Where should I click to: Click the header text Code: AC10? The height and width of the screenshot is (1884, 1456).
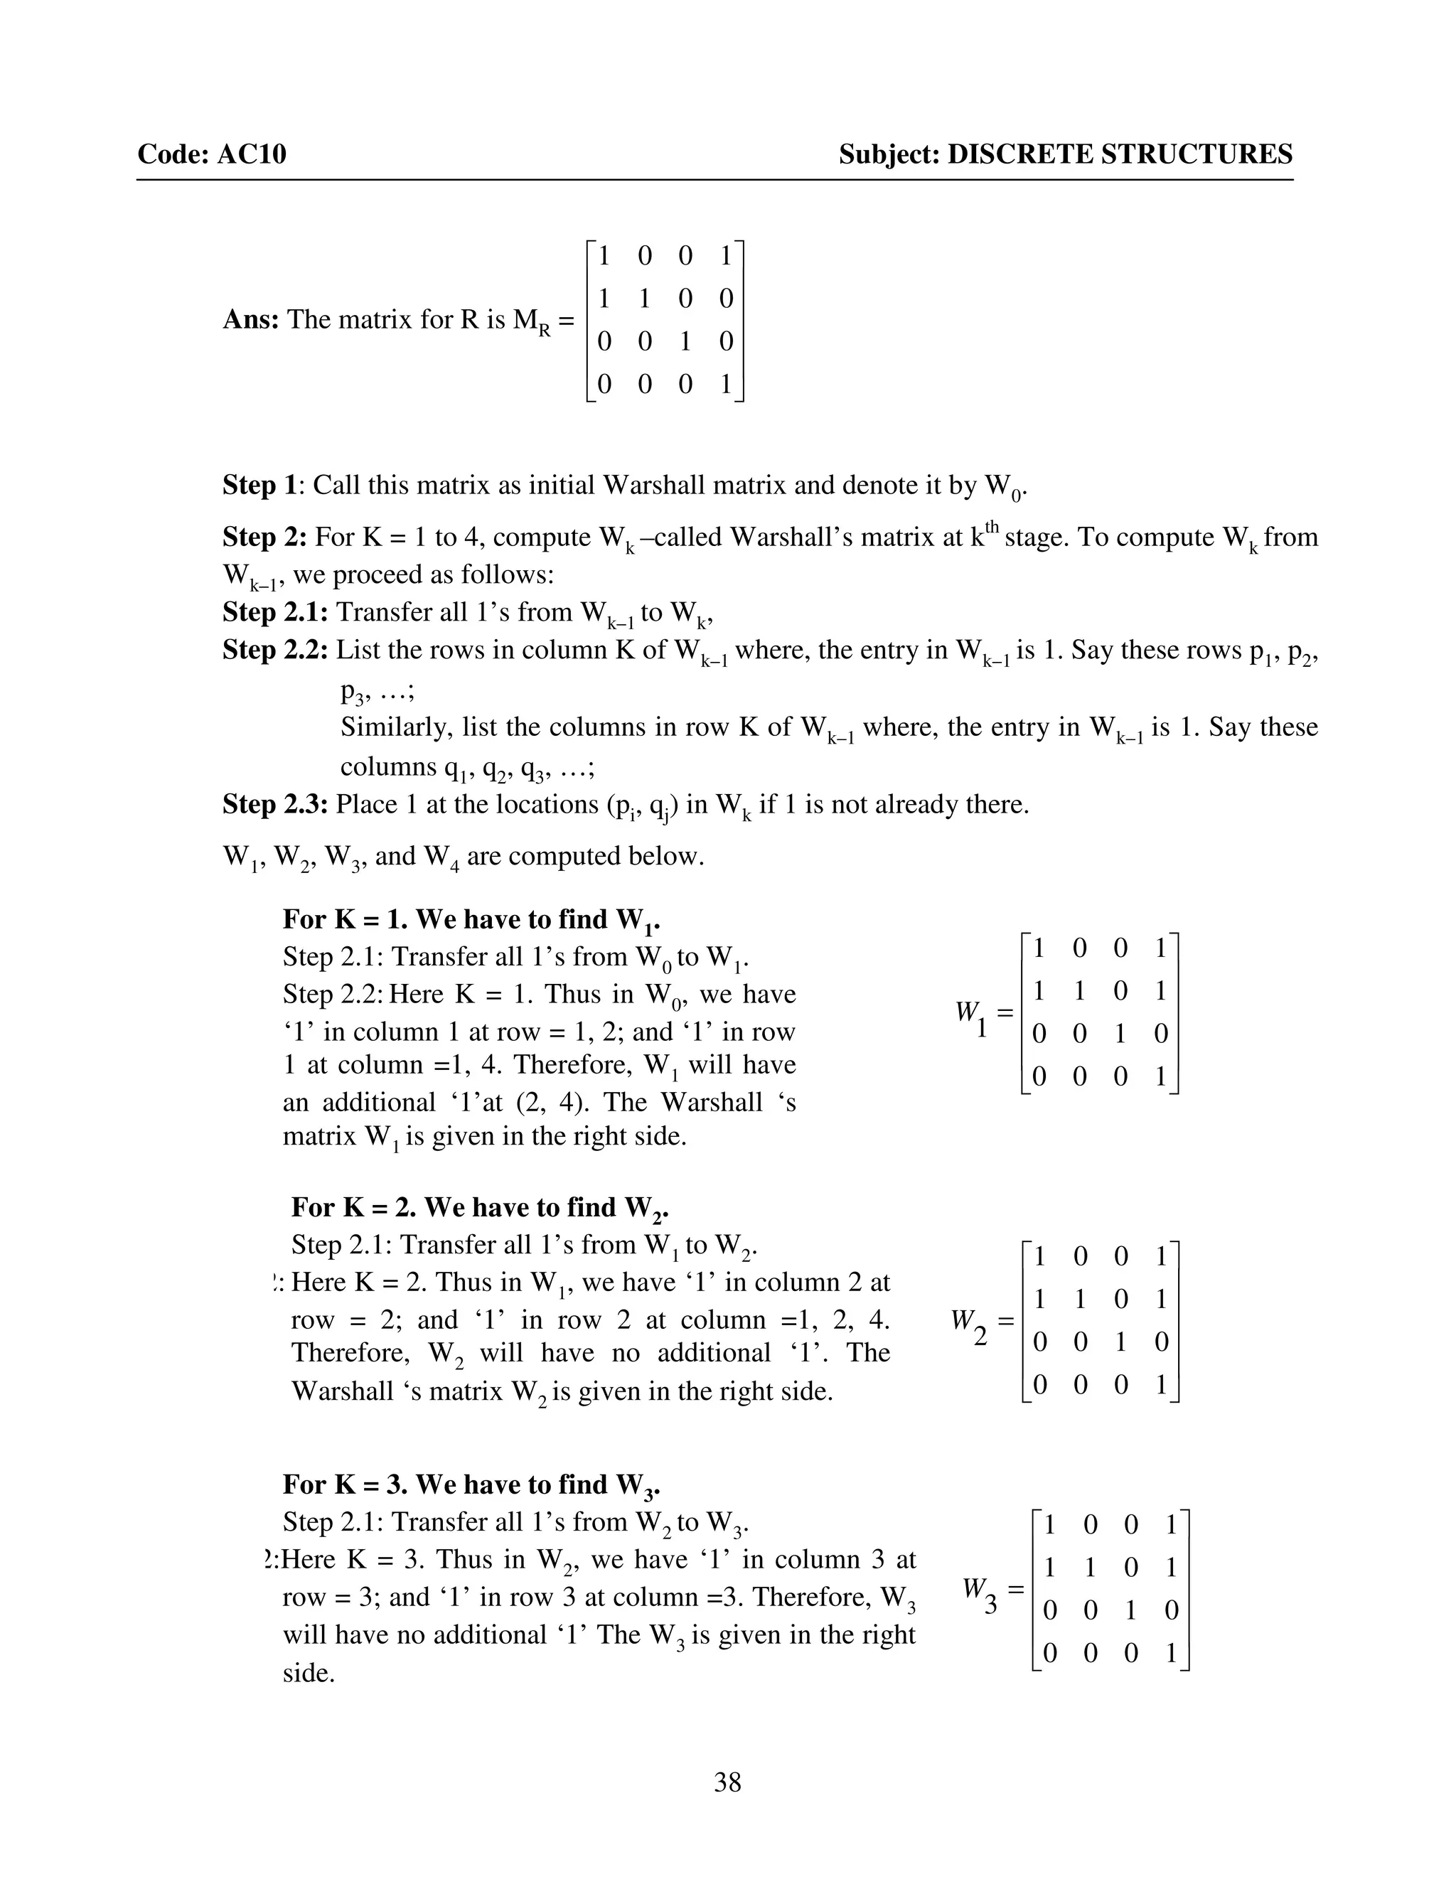coord(211,154)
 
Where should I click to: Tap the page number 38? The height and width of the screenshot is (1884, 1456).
coord(727,1782)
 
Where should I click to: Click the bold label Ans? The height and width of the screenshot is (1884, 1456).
coord(250,319)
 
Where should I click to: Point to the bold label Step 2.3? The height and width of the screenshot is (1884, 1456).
coord(275,804)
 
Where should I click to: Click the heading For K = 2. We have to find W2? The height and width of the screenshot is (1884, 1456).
coord(480,1207)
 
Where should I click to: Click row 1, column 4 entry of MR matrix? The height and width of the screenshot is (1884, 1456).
coord(725,255)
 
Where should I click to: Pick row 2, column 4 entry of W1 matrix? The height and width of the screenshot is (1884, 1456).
coord(1160,991)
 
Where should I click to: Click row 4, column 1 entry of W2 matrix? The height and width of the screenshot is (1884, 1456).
coord(1039,1384)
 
